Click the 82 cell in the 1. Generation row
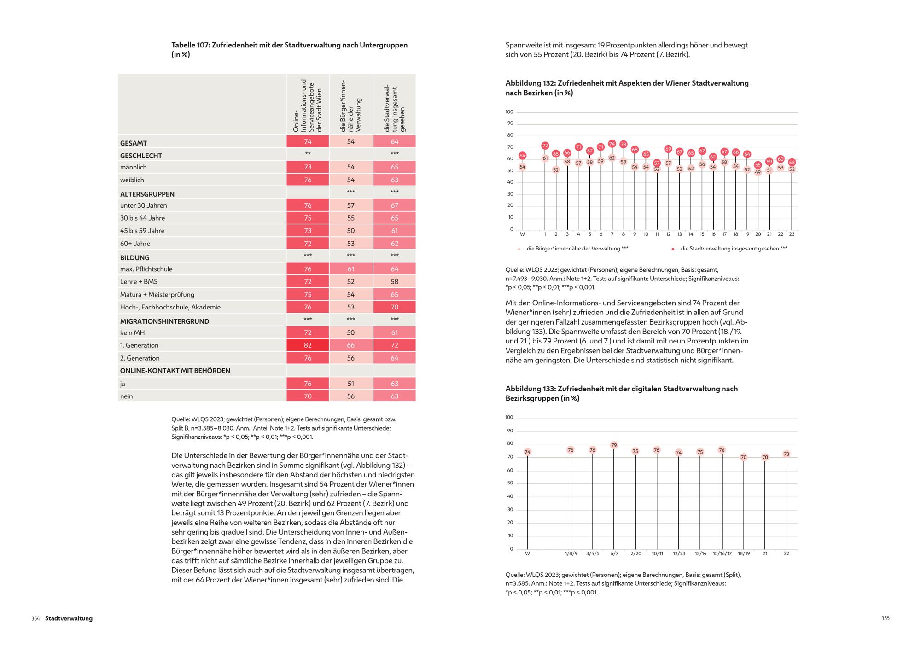coord(308,345)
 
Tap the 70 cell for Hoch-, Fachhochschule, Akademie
coord(394,307)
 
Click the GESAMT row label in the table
coord(134,143)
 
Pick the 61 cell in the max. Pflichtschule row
coord(351,269)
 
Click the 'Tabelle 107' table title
coord(289,50)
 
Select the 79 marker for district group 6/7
coord(614,445)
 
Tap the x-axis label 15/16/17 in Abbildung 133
coord(722,553)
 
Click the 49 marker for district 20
coord(758,172)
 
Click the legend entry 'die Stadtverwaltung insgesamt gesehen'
coord(732,249)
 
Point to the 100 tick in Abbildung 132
coord(509,112)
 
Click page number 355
coord(886,618)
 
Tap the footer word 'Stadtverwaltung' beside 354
coord(69,618)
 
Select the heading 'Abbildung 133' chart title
coord(621,394)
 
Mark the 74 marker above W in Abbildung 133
coord(527,452)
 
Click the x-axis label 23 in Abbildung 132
coord(792,234)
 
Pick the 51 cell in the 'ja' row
coord(351,384)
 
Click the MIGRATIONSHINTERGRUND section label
coord(164,321)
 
